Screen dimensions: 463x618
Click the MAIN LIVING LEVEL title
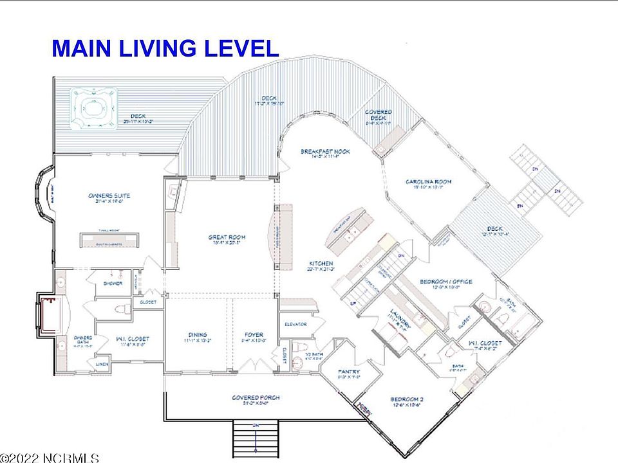click(165, 48)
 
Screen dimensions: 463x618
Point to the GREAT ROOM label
click(227, 237)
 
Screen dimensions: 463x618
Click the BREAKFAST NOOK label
click(324, 152)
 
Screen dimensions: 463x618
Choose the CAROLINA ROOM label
click(428, 181)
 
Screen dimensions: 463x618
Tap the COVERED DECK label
click(379, 116)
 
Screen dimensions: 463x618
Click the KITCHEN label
click(320, 264)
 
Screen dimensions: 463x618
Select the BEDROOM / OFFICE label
click(446, 282)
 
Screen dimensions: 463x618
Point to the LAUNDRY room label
click(399, 315)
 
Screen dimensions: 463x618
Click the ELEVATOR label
click(295, 324)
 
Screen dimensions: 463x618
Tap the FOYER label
click(253, 334)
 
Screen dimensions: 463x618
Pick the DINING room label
click(198, 334)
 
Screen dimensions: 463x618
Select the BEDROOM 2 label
click(407, 399)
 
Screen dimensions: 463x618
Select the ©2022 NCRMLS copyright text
click(50, 458)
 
